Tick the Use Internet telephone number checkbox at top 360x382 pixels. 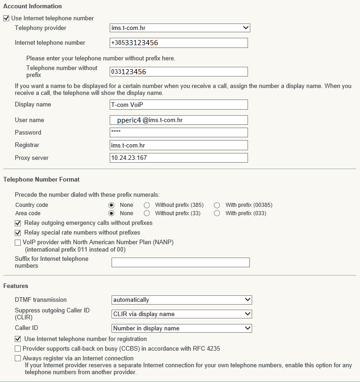click(6, 18)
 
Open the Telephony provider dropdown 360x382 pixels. click(180, 28)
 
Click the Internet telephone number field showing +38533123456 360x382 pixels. click(179, 43)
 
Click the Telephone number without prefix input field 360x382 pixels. click(179, 71)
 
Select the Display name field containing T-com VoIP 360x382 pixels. click(179, 105)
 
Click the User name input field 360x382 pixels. click(179, 120)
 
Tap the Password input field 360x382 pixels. click(179, 133)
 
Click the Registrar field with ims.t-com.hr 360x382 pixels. click(179, 145)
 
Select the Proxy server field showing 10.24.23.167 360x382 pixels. click(179, 158)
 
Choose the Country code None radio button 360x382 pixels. click(111, 205)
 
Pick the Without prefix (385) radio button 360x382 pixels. click(147, 205)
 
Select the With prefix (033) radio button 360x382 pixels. click(217, 213)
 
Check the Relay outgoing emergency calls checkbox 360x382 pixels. click(18, 223)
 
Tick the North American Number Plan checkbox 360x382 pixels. click(18, 242)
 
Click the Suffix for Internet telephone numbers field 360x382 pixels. click(180, 263)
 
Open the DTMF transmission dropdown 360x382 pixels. click(182, 300)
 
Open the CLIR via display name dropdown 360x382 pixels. click(182, 314)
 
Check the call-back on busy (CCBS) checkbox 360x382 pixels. click(18, 349)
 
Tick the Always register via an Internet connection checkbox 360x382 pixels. click(18, 358)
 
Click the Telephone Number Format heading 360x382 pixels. click(41, 179)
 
